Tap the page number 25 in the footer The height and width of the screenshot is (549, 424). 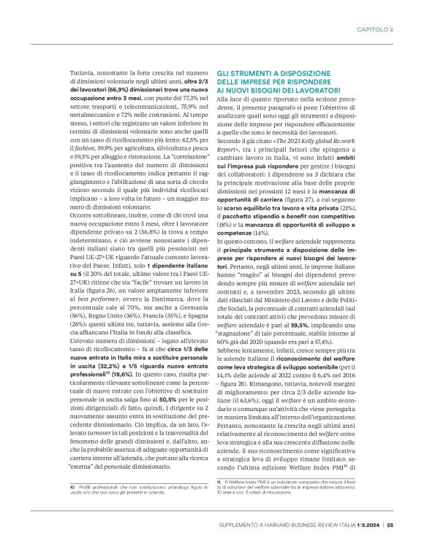tap(390, 523)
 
